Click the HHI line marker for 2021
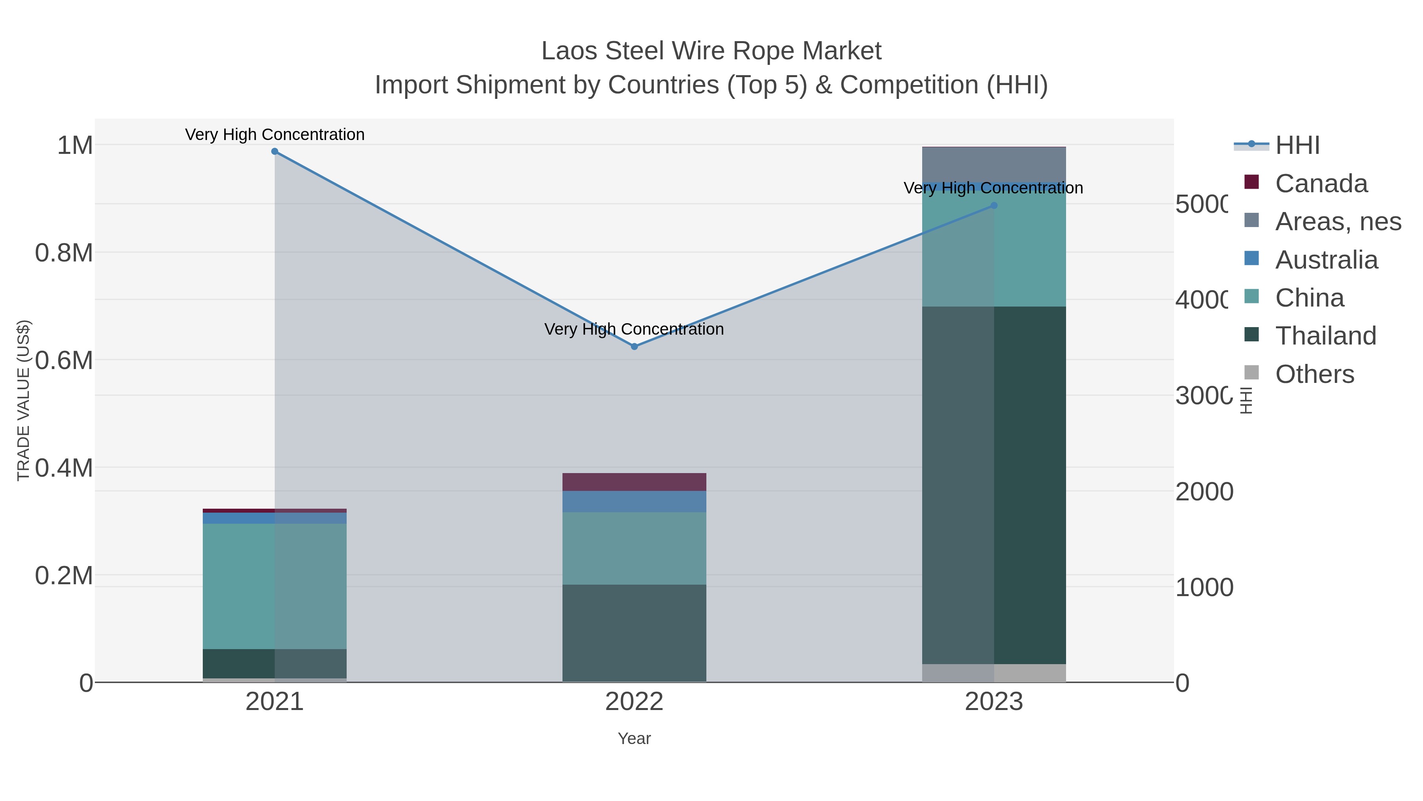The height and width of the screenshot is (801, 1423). tap(275, 151)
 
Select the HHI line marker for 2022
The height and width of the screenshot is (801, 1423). tap(634, 347)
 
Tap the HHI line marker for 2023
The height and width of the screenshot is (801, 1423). tap(994, 206)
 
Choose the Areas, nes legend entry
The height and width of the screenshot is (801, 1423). tap(1337, 222)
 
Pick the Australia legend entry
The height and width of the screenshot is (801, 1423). tap(1326, 260)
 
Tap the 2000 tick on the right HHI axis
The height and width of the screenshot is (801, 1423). tap(1204, 492)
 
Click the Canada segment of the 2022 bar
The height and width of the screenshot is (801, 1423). tap(634, 482)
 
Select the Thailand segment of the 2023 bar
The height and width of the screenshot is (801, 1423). tap(994, 485)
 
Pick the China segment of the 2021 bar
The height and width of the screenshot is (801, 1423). tap(275, 586)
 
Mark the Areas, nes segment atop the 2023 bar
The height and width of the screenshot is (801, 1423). tap(994, 164)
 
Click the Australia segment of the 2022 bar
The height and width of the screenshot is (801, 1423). tap(634, 502)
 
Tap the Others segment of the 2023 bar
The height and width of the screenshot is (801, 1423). tap(994, 673)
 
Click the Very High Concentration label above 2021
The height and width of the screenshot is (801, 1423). tap(275, 135)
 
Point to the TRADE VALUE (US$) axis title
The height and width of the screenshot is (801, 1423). tap(23, 400)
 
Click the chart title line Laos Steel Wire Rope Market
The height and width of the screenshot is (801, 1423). tap(711, 51)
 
